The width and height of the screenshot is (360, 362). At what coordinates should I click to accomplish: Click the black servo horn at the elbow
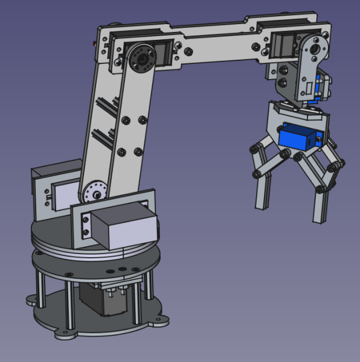[141, 59]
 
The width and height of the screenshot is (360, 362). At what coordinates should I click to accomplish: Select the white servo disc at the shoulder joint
[94, 192]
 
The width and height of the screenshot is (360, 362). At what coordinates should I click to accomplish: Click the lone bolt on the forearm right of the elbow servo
[190, 52]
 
